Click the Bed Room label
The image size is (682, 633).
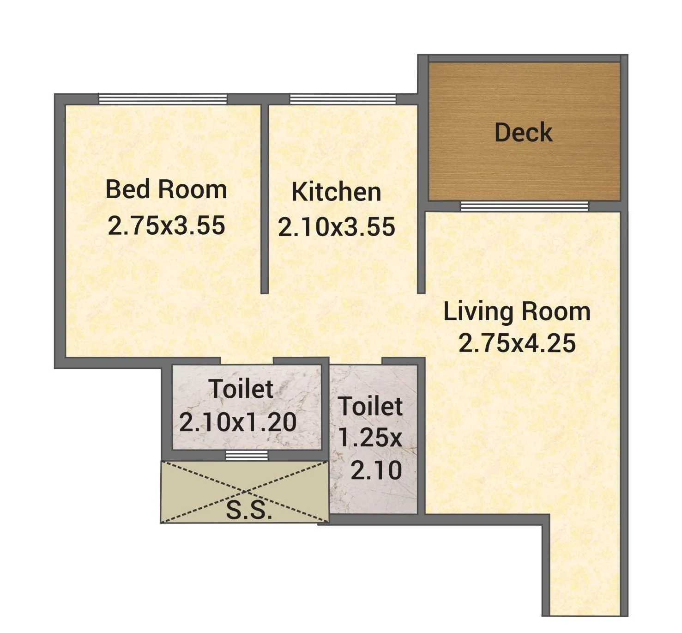click(166, 190)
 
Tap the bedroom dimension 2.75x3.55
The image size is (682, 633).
click(166, 225)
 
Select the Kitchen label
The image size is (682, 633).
click(336, 192)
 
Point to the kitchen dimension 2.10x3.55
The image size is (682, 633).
click(336, 227)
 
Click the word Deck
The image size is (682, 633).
click(523, 133)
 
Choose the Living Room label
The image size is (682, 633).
click(517, 312)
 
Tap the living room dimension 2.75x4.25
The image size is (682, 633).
click(517, 343)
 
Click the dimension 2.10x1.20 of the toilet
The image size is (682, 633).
click(238, 422)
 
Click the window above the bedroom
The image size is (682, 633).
click(163, 99)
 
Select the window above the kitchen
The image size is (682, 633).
click(343, 99)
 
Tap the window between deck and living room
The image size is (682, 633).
click(524, 206)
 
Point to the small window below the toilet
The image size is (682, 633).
click(247, 456)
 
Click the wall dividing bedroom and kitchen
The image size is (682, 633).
click(265, 199)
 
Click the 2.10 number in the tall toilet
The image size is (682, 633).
click(376, 471)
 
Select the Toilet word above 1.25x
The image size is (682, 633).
click(370, 407)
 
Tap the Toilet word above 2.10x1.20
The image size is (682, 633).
click(241, 389)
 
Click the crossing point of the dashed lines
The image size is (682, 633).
click(245, 492)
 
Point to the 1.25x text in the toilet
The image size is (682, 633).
click(370, 437)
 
